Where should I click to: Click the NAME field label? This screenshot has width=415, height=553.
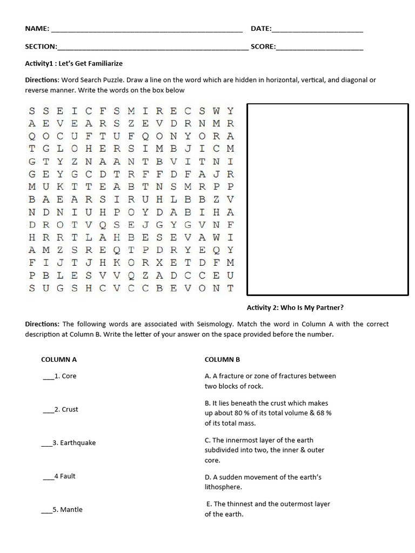[x=37, y=29]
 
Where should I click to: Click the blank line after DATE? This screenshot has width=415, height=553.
[x=318, y=30]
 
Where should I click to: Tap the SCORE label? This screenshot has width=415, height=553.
[x=263, y=47]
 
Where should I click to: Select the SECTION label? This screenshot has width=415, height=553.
[x=41, y=47]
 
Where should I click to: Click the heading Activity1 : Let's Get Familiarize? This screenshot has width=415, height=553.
[x=74, y=64]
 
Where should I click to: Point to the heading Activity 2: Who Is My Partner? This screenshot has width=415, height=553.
[x=295, y=308]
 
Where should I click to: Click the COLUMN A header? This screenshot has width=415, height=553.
[x=59, y=359]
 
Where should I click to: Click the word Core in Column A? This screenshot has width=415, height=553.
[x=69, y=376]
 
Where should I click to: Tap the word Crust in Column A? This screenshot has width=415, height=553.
[x=70, y=409]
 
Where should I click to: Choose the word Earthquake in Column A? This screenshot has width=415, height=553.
[x=78, y=443]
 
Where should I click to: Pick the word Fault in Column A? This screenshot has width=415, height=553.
[x=68, y=476]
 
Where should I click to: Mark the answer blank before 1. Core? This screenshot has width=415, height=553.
[x=48, y=377]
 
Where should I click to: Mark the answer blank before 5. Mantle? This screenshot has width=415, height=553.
[x=46, y=510]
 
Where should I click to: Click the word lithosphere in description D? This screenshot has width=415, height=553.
[x=223, y=487]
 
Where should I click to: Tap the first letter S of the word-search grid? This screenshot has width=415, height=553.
[x=31, y=111]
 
